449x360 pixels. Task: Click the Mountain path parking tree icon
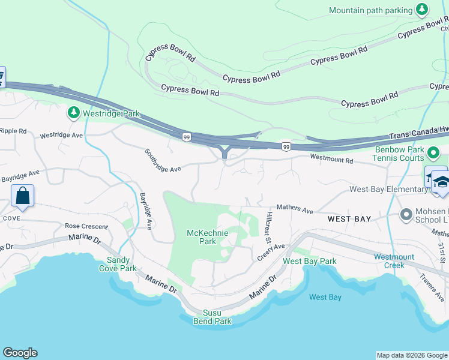tap(423, 10)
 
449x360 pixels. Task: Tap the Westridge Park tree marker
tap(74, 113)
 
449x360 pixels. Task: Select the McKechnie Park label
tap(200, 237)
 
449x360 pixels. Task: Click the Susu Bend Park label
tap(212, 317)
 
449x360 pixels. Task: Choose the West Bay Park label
tap(309, 261)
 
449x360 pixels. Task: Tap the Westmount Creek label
tap(394, 261)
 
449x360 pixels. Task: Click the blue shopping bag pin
tap(22, 196)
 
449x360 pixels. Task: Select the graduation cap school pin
tap(441, 182)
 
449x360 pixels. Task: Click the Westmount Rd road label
tap(331, 159)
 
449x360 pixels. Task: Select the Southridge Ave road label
tap(162, 161)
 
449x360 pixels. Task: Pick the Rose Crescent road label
tap(86, 227)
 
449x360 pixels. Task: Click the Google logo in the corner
tap(20, 353)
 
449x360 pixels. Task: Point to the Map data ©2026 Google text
tap(412, 355)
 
